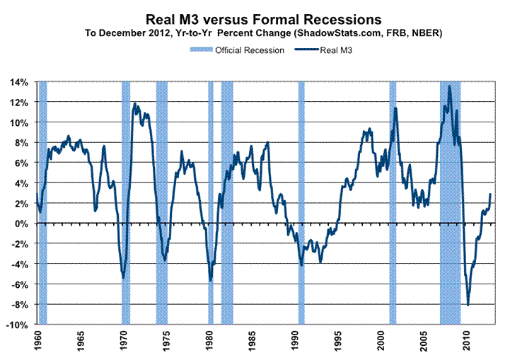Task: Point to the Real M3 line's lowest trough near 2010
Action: (468, 305)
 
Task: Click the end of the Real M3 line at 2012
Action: (491, 194)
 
